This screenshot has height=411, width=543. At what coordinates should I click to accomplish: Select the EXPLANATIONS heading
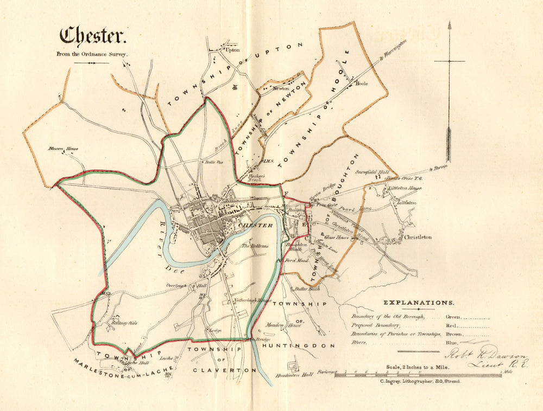pos(419,303)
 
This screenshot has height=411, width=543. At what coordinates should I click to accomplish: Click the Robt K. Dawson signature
pos(485,356)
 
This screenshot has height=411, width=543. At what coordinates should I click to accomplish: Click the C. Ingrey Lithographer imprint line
pos(420,381)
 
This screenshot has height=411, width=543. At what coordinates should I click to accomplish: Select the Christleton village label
pos(418,237)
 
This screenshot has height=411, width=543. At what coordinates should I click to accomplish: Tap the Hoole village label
pos(362,84)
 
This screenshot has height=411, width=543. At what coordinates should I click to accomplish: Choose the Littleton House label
pos(404,188)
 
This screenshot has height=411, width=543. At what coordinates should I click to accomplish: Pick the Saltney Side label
pos(124,323)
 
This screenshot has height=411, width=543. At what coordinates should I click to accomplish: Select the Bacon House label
pos(63,149)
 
